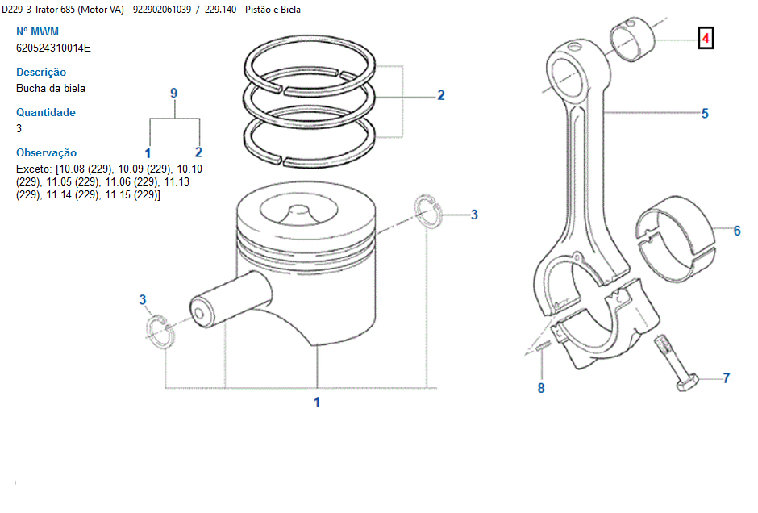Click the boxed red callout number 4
pyautogui.click(x=705, y=38)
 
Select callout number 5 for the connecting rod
pyautogui.click(x=705, y=114)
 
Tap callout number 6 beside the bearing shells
pyautogui.click(x=737, y=231)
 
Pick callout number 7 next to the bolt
pyautogui.click(x=726, y=377)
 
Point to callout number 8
pyautogui.click(x=541, y=388)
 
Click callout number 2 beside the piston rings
pyautogui.click(x=441, y=95)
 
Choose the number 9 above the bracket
pyautogui.click(x=173, y=93)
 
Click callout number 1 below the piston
pyautogui.click(x=317, y=402)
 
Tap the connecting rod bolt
pyautogui.click(x=676, y=367)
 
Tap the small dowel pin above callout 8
pyautogui.click(x=543, y=348)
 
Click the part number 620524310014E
pyautogui.click(x=54, y=48)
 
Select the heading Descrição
pyautogui.click(x=41, y=72)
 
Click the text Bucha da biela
pyautogui.click(x=51, y=88)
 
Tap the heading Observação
pyautogui.click(x=47, y=152)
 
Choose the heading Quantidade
pyautogui.click(x=46, y=112)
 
